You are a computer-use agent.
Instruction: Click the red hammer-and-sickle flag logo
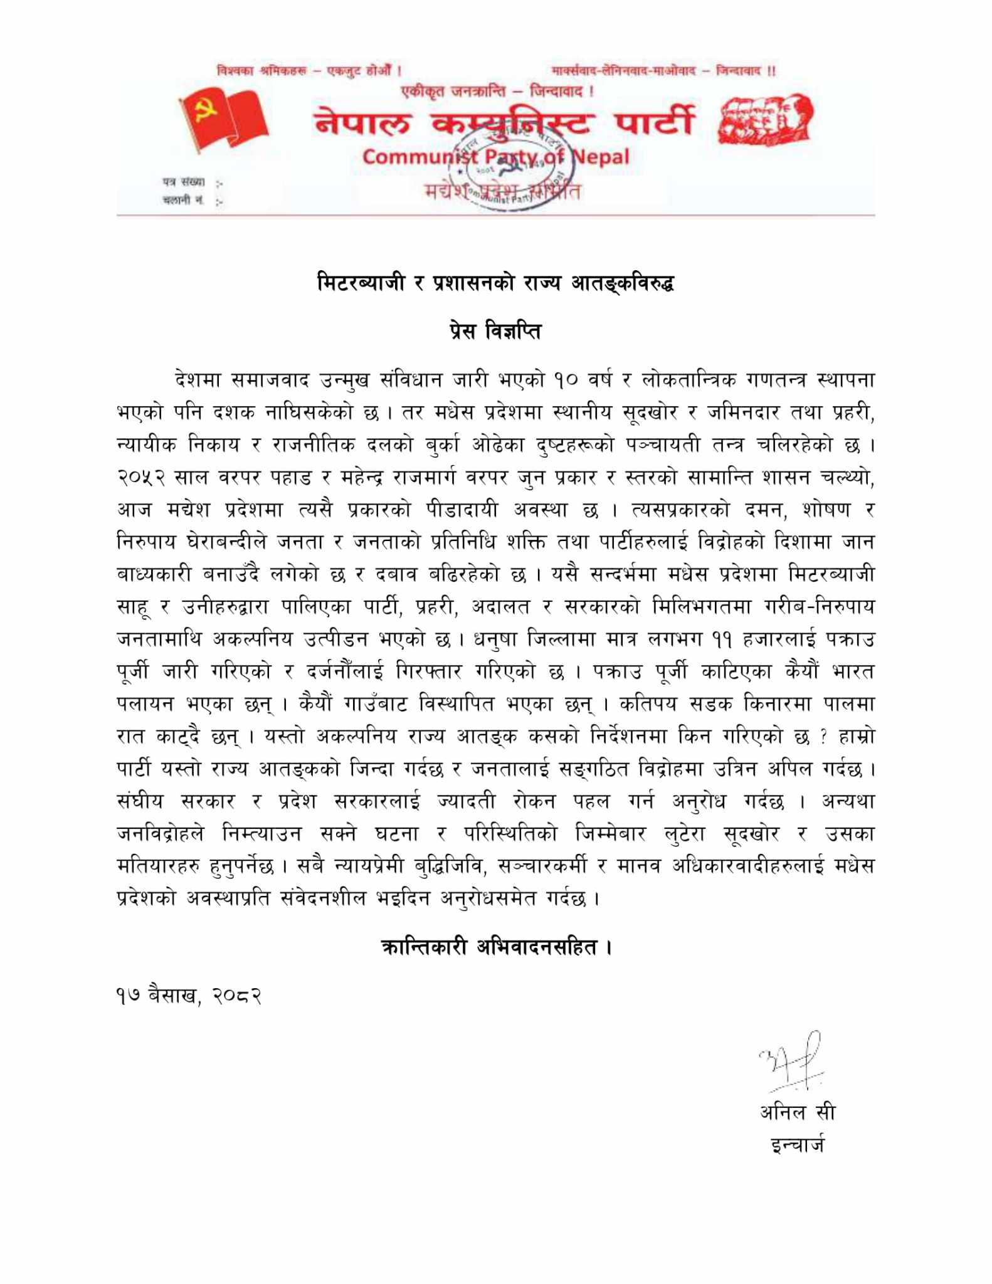point(223,120)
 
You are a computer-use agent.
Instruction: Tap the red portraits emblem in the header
point(766,121)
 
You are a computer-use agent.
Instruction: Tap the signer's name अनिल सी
point(797,1112)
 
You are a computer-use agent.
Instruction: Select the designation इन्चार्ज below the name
point(798,1145)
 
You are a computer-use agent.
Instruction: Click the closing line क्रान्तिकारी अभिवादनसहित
point(495,946)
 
